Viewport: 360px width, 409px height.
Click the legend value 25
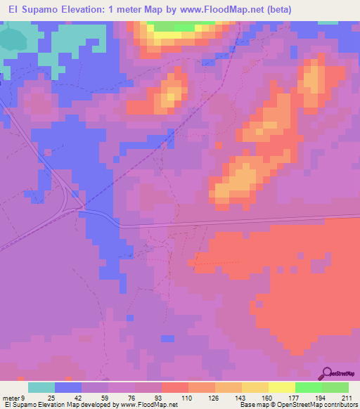51,397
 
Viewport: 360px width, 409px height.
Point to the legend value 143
239,397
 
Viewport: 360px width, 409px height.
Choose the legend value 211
346,397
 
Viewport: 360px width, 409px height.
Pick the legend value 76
132,397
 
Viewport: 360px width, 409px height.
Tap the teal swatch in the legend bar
41,387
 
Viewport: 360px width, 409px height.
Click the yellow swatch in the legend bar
282,387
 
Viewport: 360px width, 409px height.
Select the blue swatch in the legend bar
68,387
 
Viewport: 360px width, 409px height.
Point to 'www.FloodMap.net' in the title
212,9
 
